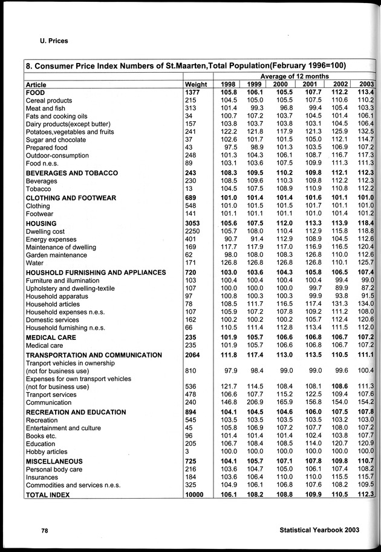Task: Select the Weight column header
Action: [196, 84]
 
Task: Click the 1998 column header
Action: [228, 84]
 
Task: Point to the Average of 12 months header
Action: [295, 75]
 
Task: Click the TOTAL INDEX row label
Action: [47, 495]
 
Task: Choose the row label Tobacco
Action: [39, 188]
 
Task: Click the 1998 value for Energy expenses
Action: [228, 239]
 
